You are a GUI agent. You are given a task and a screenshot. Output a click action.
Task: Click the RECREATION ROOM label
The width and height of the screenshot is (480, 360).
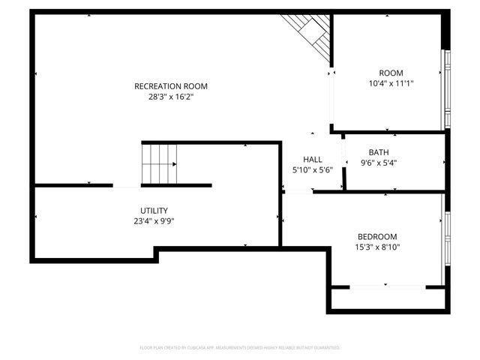(x=170, y=86)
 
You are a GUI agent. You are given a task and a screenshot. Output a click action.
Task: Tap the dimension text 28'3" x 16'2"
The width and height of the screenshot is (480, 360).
(x=170, y=97)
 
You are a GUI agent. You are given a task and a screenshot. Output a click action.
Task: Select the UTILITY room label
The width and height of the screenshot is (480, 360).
(x=154, y=211)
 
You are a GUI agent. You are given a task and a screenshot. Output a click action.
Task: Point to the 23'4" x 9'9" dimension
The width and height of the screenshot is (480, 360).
(x=154, y=221)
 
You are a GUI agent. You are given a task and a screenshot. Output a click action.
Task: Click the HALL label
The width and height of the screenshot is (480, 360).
(x=312, y=160)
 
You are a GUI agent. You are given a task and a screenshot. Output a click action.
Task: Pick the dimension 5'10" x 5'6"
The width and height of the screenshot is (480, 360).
(x=312, y=170)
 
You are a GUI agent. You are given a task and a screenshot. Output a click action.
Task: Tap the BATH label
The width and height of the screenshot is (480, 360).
(x=378, y=152)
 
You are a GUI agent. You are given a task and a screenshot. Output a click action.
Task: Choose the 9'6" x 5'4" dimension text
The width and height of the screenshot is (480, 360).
(x=378, y=163)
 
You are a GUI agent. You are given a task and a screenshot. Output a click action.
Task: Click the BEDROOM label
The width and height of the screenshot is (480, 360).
(x=377, y=237)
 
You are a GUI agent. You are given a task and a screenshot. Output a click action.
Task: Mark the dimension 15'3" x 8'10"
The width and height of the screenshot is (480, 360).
(x=377, y=247)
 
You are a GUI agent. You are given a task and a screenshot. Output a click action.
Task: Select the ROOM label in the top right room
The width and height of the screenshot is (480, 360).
(x=391, y=73)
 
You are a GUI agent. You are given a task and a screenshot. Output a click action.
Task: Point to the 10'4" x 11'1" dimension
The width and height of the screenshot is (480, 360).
(x=391, y=83)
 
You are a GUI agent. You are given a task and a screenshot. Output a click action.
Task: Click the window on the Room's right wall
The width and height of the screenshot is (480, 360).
(x=445, y=90)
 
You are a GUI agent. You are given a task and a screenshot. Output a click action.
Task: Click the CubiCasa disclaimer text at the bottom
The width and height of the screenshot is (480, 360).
(x=240, y=348)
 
